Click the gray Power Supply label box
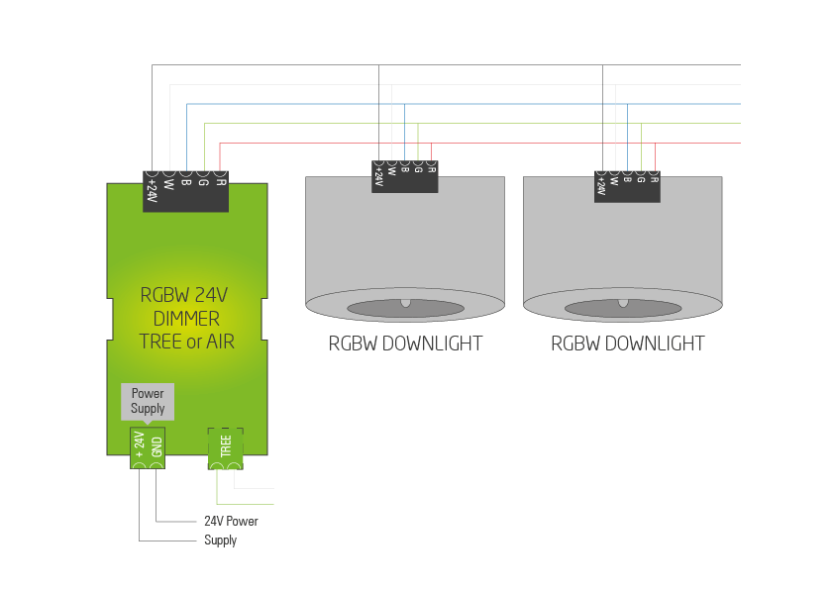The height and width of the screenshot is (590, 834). (148, 400)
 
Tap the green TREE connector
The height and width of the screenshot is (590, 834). (225, 448)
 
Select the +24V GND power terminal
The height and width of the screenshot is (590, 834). (148, 448)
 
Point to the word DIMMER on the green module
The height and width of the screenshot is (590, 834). (187, 319)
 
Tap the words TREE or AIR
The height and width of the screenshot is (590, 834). (187, 343)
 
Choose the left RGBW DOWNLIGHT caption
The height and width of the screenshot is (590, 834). (405, 344)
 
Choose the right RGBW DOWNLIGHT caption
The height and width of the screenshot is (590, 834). (627, 344)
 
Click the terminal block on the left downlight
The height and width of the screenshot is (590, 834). (405, 176)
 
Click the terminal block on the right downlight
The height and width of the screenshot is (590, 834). (627, 186)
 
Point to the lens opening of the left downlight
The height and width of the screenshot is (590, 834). (405, 308)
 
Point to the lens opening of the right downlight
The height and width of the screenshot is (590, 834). (623, 308)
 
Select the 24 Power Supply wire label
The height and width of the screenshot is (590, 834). (231, 530)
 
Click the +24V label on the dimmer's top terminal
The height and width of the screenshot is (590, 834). (152, 191)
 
